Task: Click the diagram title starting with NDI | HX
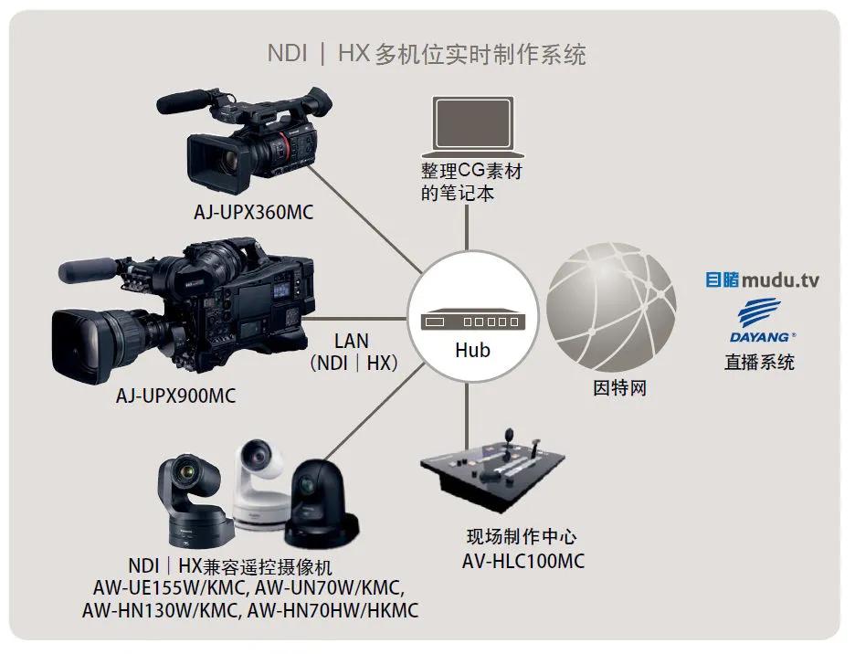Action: coord(427,54)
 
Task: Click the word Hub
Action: coord(472,351)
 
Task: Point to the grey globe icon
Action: coord(611,305)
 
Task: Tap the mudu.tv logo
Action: coord(762,280)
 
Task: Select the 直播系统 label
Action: coord(759,362)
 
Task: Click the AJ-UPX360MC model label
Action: coord(252,213)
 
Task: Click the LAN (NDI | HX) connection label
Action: coord(351,352)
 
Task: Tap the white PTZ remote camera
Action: coord(262,484)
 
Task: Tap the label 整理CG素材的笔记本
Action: coord(471,183)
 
